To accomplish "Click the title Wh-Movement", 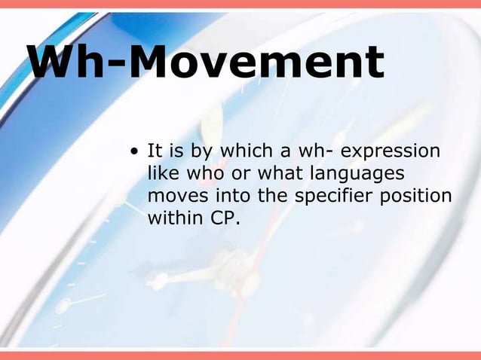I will (206, 63).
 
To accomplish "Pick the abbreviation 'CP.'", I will (222, 218).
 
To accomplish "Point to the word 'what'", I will (279, 174).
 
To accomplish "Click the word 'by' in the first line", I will (203, 152).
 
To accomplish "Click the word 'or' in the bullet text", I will (239, 174).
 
